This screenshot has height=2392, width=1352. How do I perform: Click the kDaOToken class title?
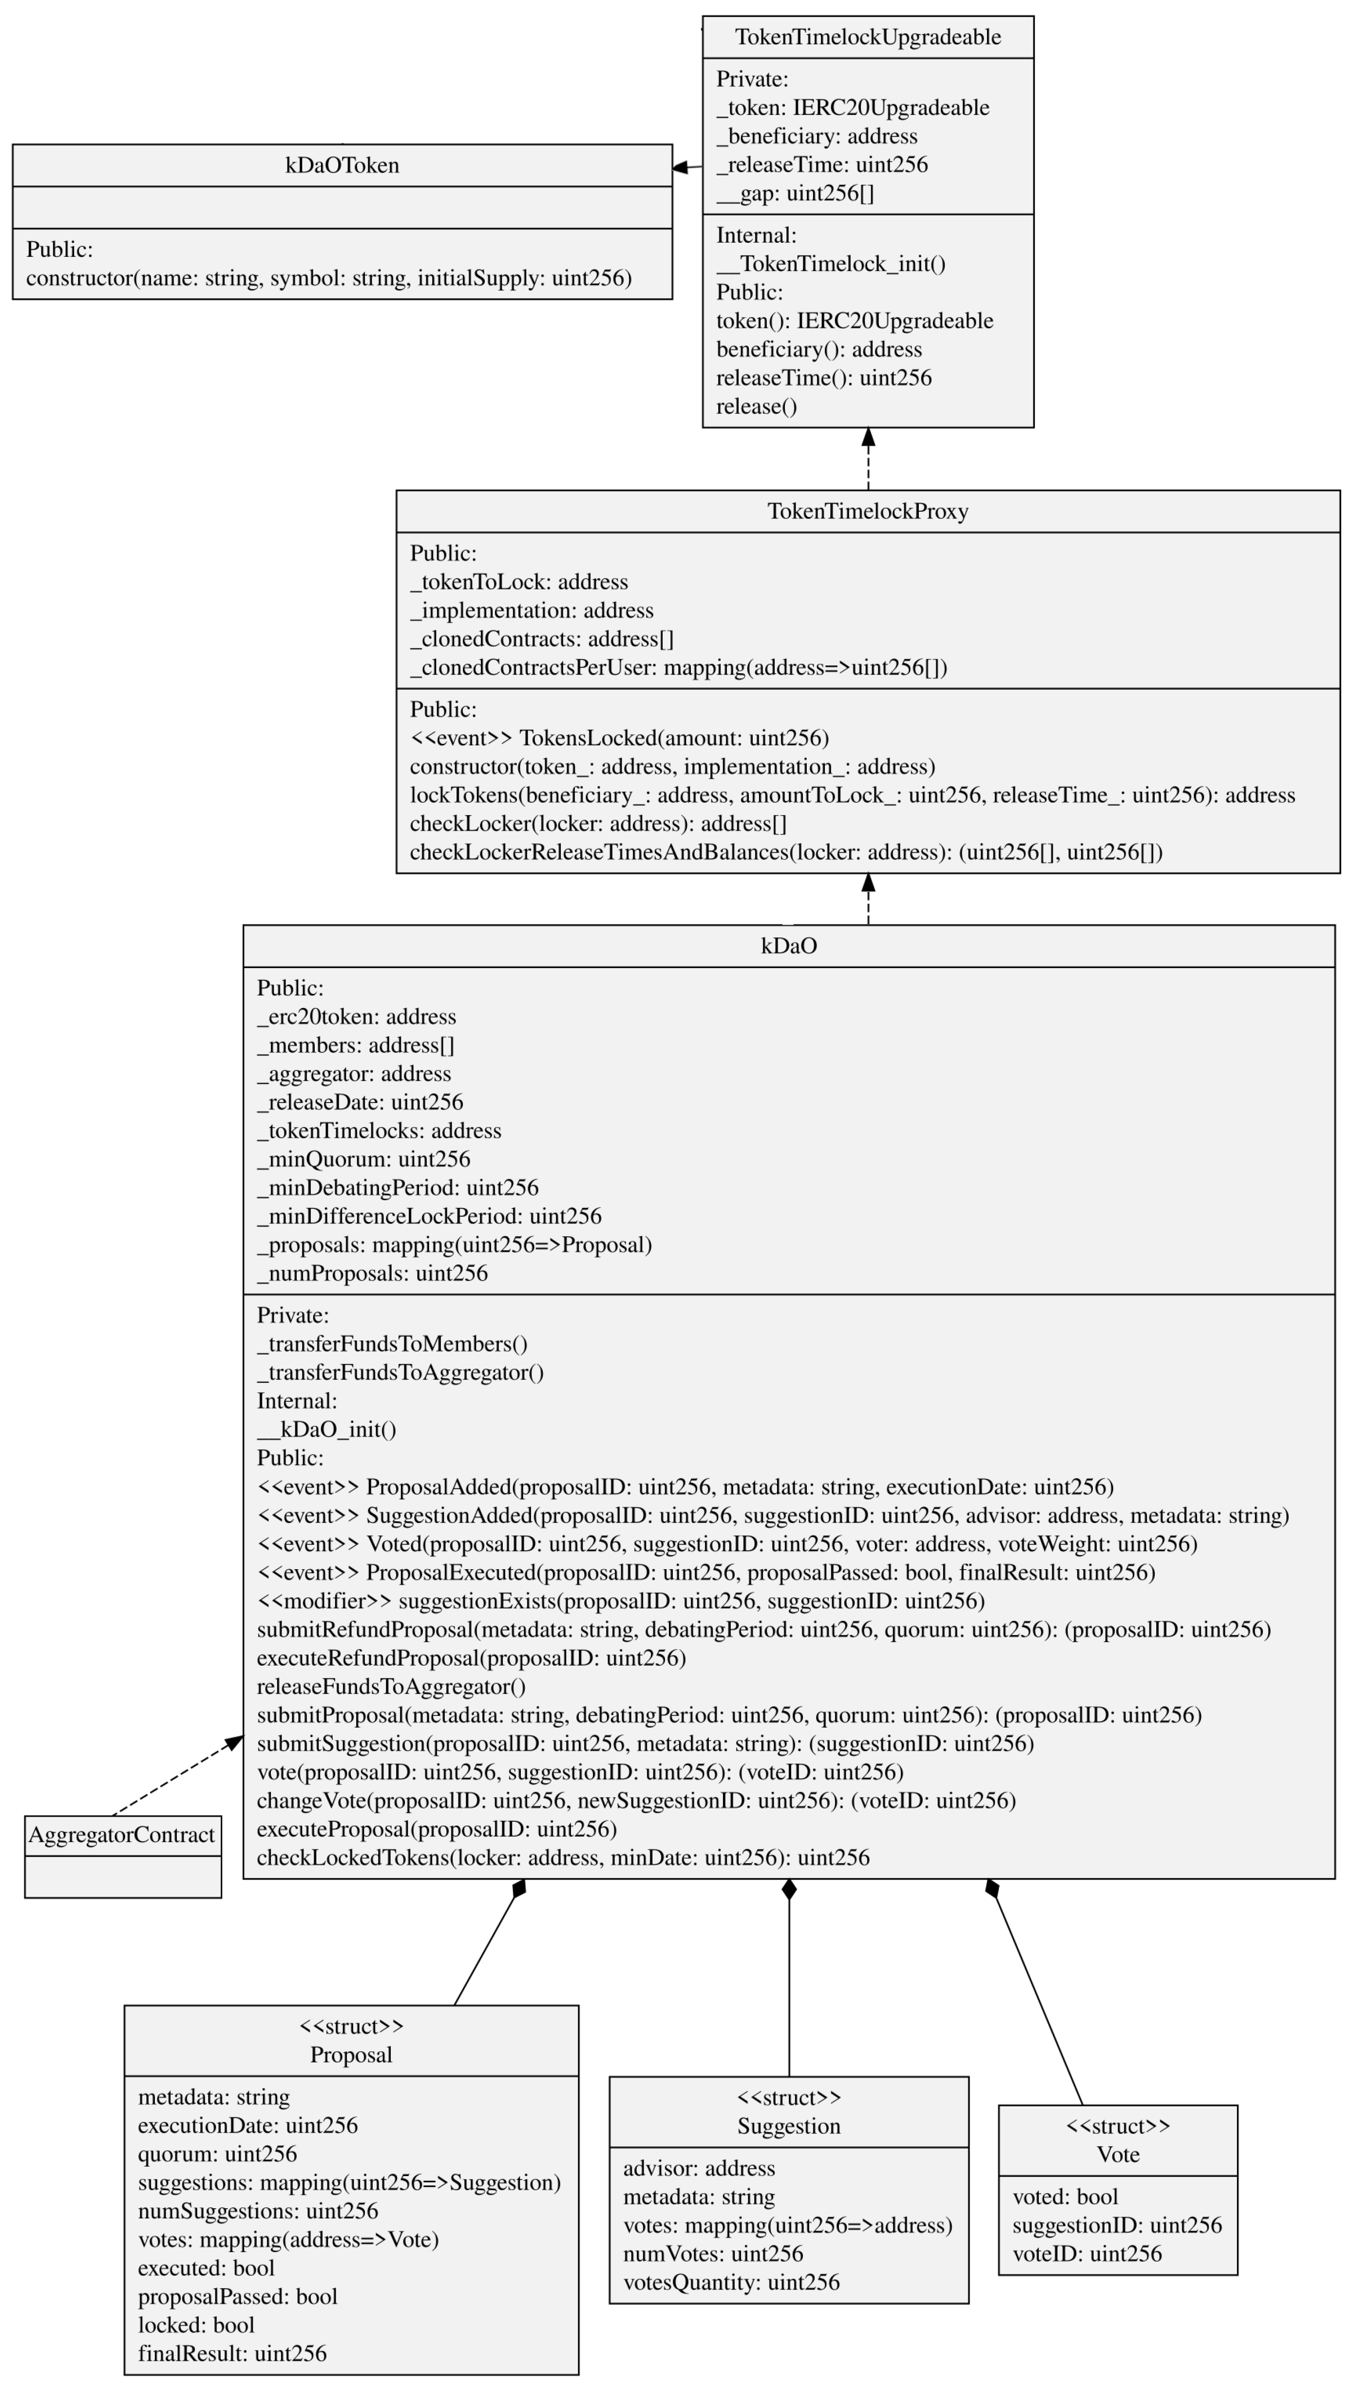342,165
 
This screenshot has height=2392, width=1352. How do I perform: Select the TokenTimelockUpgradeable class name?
867,37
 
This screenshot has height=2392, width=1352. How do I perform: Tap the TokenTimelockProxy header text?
867,511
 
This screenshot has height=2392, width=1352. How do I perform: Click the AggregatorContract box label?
122,1835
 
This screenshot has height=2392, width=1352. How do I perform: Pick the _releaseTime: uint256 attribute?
822,164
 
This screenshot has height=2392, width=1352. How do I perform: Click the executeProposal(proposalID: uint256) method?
437,1829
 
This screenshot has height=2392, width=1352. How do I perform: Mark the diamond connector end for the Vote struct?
992,1888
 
